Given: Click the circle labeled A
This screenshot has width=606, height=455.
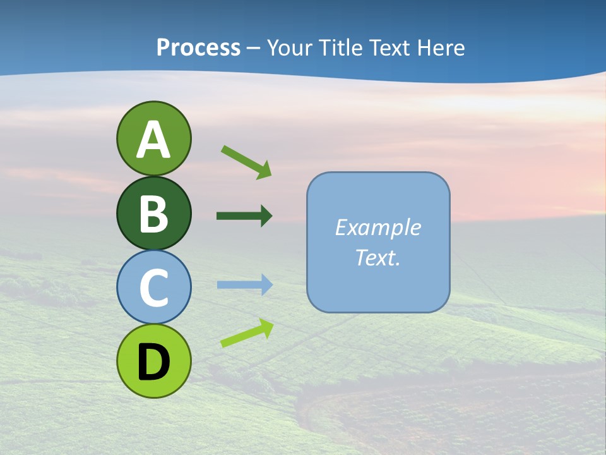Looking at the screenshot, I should click(x=153, y=138).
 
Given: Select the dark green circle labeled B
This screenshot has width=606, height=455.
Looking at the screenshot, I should click(x=153, y=213).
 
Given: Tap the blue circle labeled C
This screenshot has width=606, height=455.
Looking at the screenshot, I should click(x=153, y=288).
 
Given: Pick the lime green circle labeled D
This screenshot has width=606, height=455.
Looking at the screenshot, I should click(x=153, y=361).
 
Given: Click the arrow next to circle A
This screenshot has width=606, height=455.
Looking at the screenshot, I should click(x=246, y=162).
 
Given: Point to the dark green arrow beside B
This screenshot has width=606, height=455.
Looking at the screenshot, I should click(x=244, y=216).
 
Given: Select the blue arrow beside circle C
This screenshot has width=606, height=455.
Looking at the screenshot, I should click(x=244, y=285).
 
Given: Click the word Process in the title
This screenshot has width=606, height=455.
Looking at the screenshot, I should click(x=198, y=47).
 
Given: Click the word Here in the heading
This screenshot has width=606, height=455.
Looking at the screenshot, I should click(x=442, y=47).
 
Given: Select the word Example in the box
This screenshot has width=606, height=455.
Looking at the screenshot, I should click(x=377, y=227).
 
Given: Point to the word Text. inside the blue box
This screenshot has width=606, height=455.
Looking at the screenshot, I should click(x=377, y=257).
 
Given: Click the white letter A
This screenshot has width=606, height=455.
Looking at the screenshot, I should click(x=153, y=140).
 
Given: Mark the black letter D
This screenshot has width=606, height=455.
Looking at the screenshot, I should click(x=153, y=363).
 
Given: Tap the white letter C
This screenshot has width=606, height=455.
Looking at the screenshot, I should click(x=153, y=288).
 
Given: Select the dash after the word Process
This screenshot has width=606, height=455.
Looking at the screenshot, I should click(x=254, y=49).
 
